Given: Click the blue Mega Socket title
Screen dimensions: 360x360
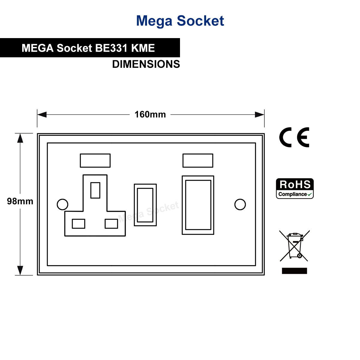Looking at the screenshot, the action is point(180,21).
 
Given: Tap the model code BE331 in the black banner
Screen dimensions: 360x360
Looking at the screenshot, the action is point(111,48).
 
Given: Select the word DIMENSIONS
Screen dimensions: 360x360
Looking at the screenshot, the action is point(146,64).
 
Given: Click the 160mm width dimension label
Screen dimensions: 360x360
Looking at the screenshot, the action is point(150,115).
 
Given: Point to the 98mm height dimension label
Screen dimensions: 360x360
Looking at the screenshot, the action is point(20,201).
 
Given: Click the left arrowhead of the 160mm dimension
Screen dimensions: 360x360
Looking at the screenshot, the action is point(42,115).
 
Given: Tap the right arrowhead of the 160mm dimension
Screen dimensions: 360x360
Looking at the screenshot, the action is point(259,115).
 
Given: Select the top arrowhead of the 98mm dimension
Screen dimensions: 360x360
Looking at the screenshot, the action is point(20,138).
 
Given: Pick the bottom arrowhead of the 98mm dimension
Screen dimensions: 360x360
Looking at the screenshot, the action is point(20,270).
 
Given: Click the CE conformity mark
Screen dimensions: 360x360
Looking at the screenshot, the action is point(294,137).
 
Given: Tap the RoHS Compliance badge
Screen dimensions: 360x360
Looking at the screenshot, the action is point(295,188).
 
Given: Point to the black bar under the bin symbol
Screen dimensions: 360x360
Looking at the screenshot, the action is point(294,271).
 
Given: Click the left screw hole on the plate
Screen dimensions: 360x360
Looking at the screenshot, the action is point(62,204).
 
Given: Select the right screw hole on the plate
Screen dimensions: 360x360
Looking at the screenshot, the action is point(240,204).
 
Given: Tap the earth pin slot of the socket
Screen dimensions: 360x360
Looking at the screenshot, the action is point(95,190).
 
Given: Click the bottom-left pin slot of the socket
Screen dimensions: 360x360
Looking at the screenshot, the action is point(79,223).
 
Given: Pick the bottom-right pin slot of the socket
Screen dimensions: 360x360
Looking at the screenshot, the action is point(111,223).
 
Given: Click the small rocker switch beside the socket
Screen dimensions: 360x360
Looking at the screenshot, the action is point(145,205).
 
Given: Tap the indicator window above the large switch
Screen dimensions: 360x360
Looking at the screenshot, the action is point(198,160).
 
